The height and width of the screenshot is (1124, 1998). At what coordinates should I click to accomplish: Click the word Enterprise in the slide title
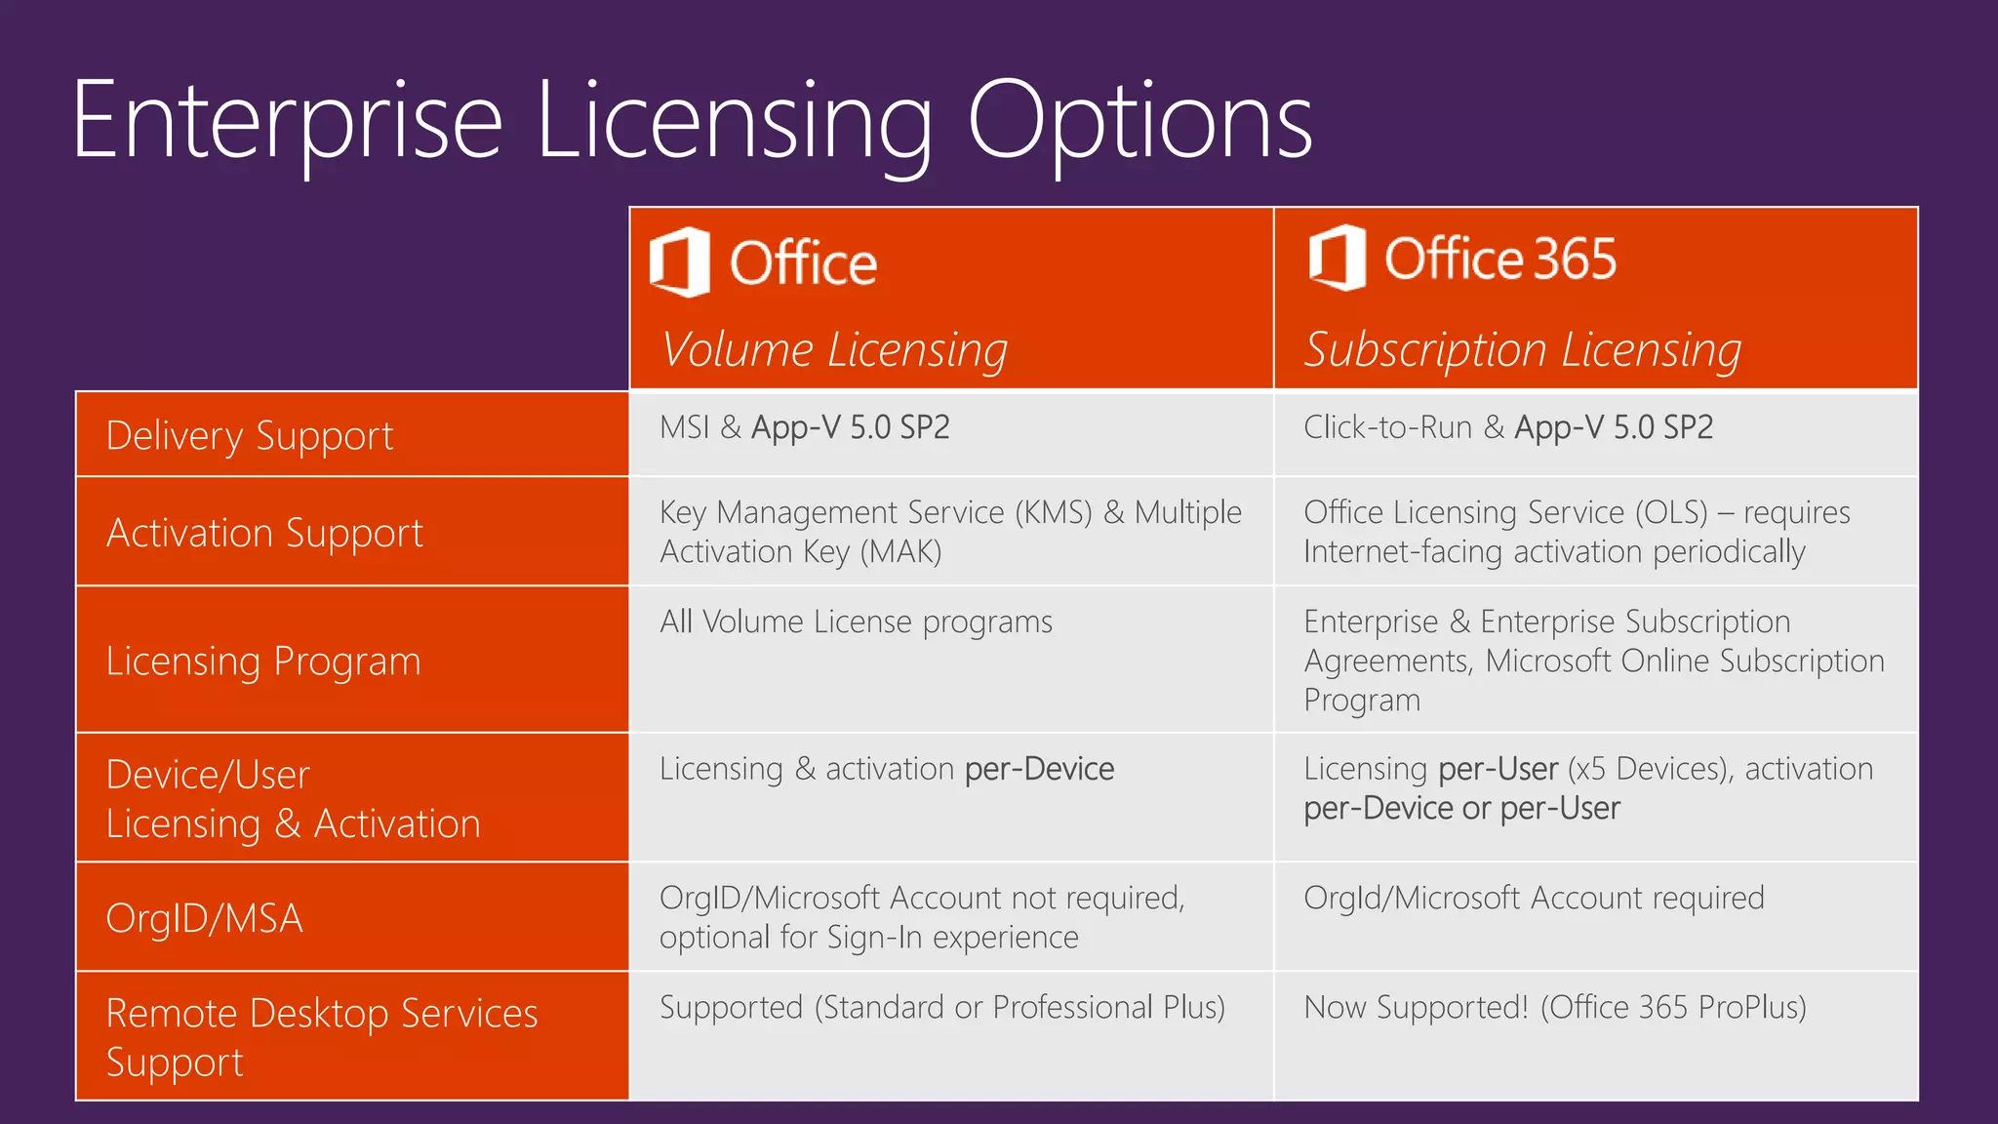(287, 122)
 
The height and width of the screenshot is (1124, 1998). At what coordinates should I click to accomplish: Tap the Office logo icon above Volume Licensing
(680, 261)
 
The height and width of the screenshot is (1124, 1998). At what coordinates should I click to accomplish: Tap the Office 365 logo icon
(1337, 258)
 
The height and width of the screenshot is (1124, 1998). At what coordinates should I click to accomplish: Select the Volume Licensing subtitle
(834, 349)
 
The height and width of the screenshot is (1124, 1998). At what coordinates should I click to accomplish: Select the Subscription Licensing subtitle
(1523, 349)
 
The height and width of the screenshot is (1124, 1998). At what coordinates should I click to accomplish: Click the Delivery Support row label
(250, 435)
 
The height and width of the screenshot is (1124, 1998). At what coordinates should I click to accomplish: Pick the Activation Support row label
(264, 533)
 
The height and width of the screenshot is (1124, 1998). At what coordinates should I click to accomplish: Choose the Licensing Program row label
(263, 661)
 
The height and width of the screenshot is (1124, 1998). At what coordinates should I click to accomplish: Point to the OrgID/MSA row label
(204, 918)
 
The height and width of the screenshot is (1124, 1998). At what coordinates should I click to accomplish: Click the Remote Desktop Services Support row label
(321, 1037)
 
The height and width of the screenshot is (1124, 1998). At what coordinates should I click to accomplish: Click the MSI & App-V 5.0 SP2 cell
(804, 427)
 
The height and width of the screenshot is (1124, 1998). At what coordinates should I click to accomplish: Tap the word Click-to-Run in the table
(1387, 427)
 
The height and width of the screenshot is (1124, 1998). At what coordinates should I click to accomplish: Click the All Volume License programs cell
(856, 622)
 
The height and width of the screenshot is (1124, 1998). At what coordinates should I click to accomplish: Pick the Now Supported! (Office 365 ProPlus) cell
(1555, 1007)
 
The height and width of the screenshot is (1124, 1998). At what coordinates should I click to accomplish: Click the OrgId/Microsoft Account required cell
(1534, 898)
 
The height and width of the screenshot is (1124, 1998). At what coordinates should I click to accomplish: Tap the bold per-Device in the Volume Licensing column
(1039, 769)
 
